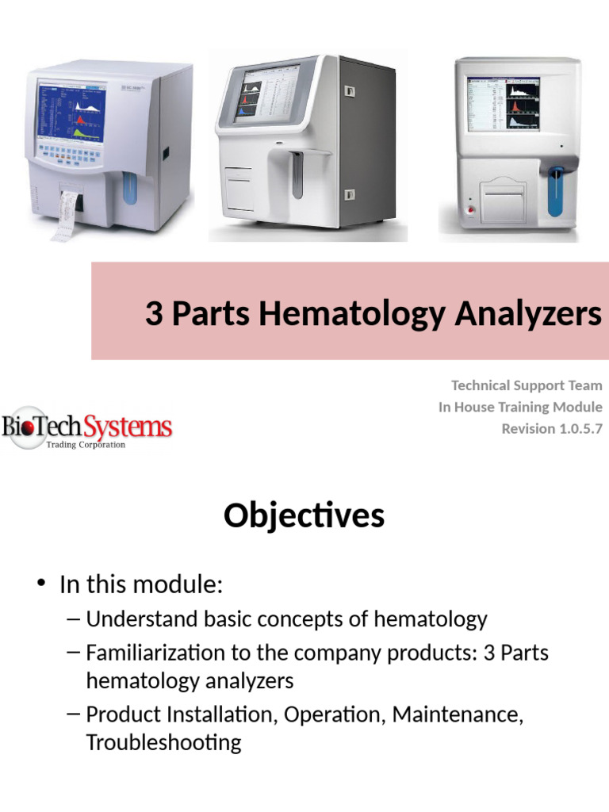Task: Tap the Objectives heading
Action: click(304, 516)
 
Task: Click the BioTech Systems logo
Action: click(86, 429)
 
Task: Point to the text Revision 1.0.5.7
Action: click(552, 428)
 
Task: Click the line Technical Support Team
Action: click(527, 385)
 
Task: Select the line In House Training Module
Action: click(520, 407)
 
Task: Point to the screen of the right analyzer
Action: click(503, 104)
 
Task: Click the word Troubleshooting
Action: click(163, 742)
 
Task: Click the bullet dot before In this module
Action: click(40, 585)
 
